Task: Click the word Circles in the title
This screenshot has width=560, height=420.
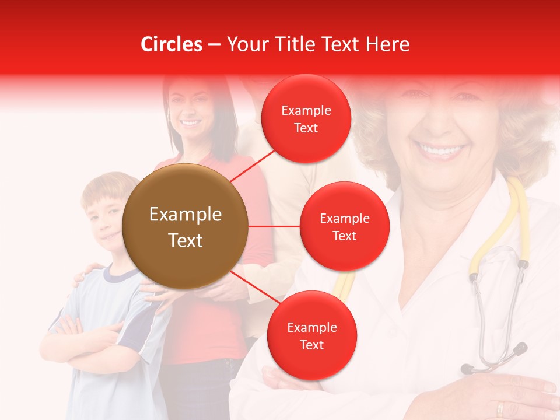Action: [171, 44]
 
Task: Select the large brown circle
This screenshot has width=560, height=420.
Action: [185, 226]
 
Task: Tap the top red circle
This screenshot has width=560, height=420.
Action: [306, 118]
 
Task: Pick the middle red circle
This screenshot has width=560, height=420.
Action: [344, 226]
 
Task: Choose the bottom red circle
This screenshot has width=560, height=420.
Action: [311, 335]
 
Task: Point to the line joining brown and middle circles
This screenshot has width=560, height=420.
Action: [274, 226]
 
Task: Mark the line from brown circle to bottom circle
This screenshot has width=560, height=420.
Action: [254, 288]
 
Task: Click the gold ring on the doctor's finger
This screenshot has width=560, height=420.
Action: [500, 408]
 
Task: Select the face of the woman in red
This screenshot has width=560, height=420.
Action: [190, 111]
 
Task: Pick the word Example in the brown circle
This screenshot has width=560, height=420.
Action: [185, 215]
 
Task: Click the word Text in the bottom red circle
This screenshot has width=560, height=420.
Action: [311, 345]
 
